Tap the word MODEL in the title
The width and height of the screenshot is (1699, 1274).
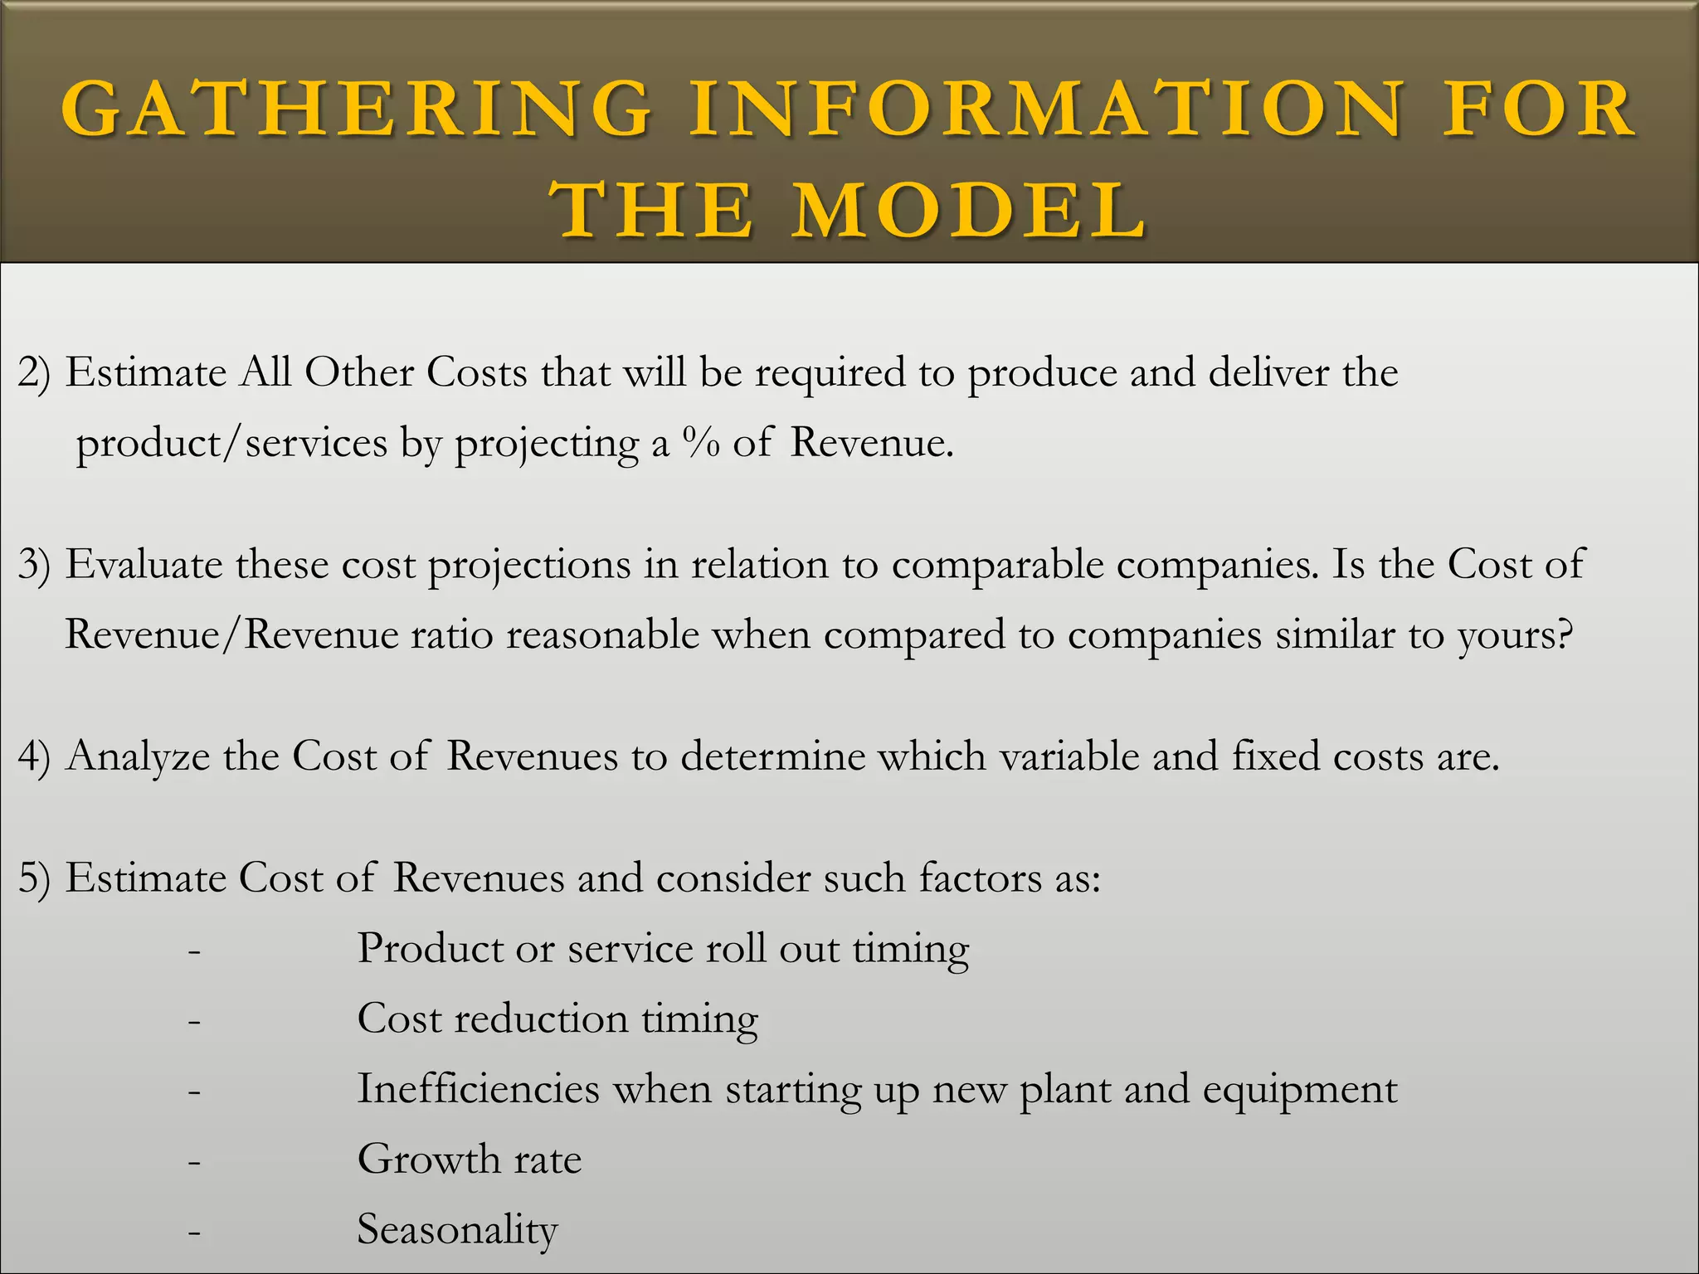point(970,211)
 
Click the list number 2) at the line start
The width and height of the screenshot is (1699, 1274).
point(34,372)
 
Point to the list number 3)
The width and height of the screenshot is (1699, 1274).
point(34,565)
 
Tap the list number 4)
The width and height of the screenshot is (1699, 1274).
point(34,756)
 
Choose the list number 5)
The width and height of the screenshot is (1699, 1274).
point(34,878)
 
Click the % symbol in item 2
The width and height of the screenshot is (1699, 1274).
point(700,442)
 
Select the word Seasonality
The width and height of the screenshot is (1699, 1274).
point(457,1229)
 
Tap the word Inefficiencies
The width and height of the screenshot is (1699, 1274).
point(478,1088)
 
